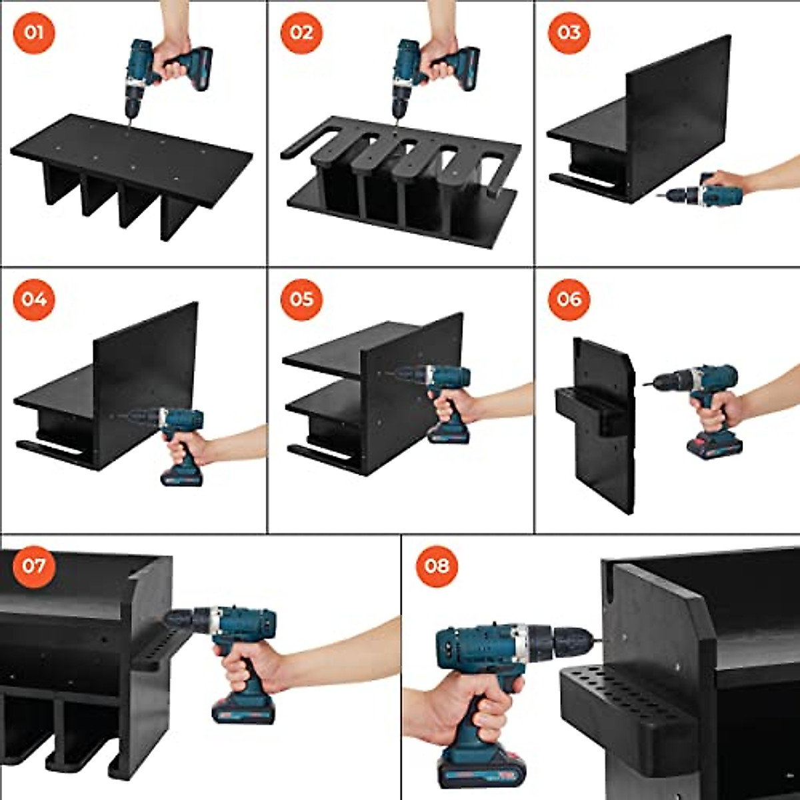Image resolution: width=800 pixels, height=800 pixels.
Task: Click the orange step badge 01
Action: [x=34, y=32]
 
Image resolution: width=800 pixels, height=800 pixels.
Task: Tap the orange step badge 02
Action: [x=301, y=32]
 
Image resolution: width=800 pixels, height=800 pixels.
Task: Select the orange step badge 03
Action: [x=569, y=32]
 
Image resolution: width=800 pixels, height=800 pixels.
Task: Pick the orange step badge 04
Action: [x=34, y=299]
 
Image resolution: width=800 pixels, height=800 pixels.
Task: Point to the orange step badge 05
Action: [x=301, y=299]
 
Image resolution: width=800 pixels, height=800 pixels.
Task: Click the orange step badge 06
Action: [x=569, y=299]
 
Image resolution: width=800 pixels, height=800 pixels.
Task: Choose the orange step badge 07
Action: [x=34, y=566]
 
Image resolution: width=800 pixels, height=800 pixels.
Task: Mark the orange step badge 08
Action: [x=437, y=566]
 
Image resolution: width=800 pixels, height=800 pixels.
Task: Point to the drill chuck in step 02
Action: [x=399, y=103]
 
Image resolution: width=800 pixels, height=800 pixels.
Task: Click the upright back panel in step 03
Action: [x=677, y=113]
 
